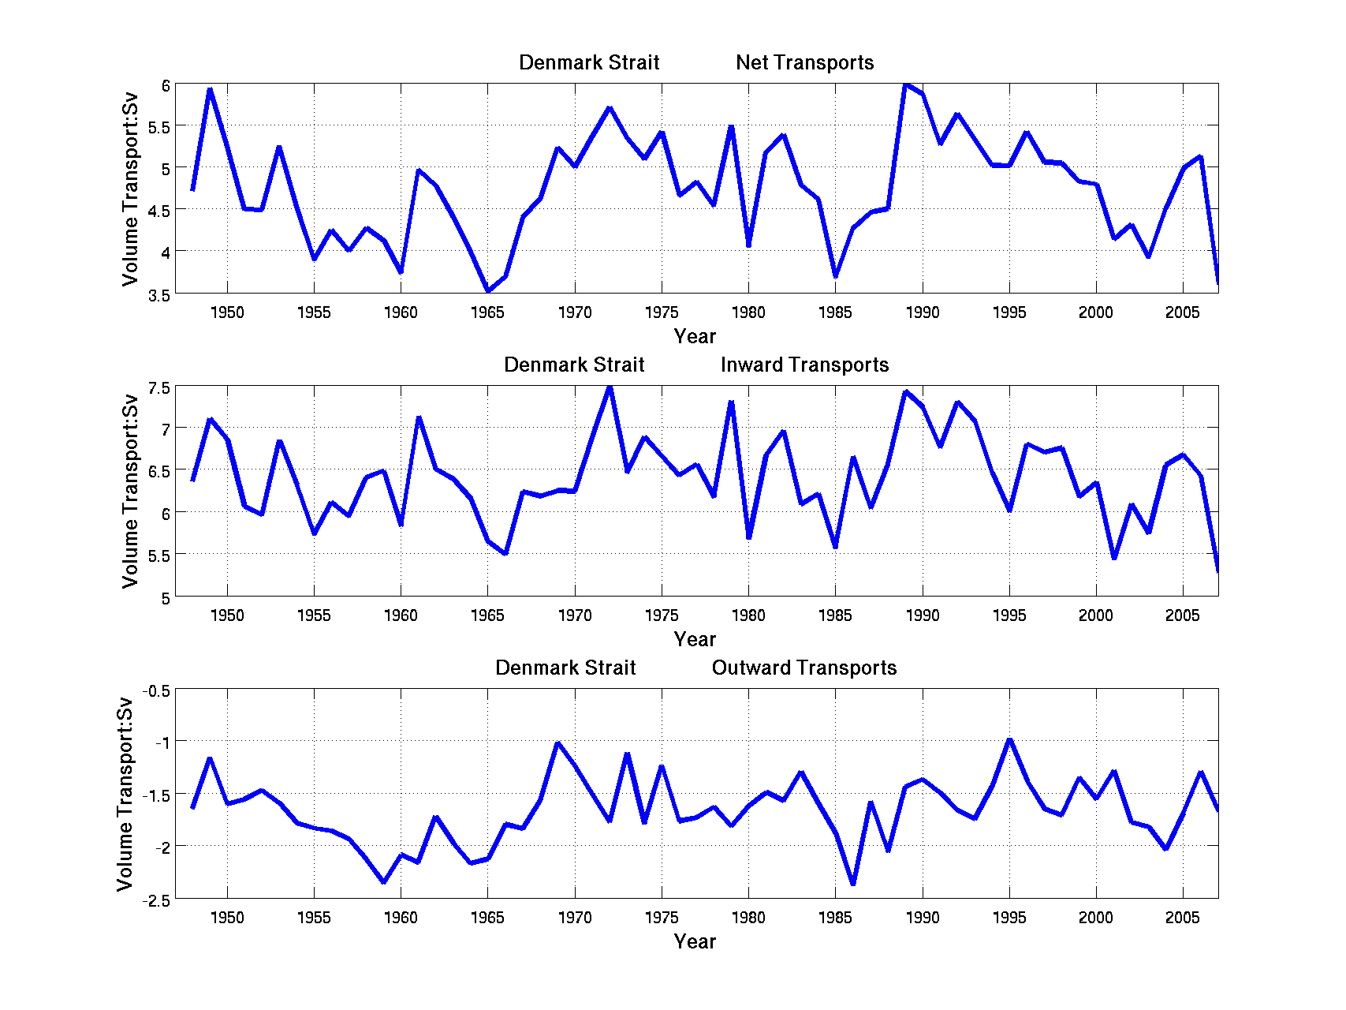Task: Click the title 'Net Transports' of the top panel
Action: [x=804, y=63]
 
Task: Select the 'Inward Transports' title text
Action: [x=804, y=365]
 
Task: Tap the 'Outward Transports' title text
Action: [x=804, y=668]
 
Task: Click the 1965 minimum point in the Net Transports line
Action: [x=488, y=290]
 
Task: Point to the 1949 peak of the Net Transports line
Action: [x=210, y=90]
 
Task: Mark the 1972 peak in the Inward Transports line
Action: [x=610, y=387]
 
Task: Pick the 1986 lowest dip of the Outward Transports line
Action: [x=853, y=883]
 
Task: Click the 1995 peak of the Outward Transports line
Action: [x=1009, y=740]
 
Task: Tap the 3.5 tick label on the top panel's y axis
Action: [x=158, y=295]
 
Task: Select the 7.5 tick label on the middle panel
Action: [x=158, y=387]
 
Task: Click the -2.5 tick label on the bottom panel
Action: [x=155, y=900]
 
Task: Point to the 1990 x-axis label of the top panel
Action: [x=922, y=313]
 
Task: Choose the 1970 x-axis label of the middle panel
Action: [x=574, y=616]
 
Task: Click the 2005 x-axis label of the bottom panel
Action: [x=1182, y=918]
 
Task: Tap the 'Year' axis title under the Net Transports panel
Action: [x=695, y=337]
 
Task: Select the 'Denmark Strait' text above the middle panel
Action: [x=574, y=365]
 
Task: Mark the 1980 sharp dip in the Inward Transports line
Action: [x=748, y=537]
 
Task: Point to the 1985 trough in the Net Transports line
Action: [x=835, y=276]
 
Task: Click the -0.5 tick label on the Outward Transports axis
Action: [x=155, y=691]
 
